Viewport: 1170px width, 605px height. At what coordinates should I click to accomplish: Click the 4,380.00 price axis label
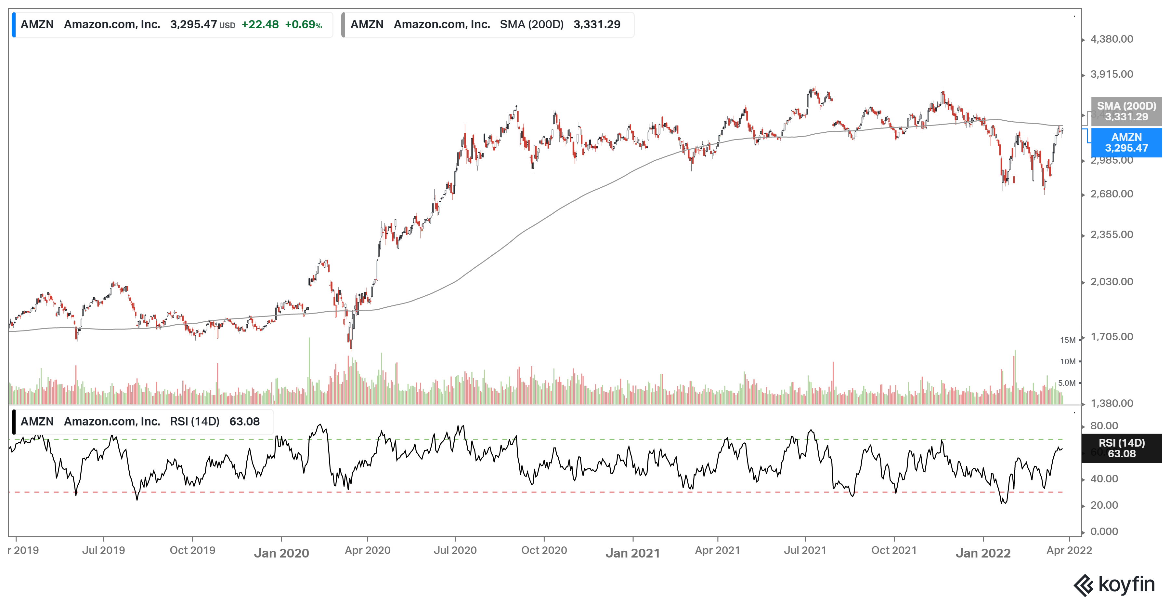pos(1111,39)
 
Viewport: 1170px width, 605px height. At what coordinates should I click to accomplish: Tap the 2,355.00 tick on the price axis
pos(1111,235)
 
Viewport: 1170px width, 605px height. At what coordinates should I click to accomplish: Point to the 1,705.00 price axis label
pos(1111,337)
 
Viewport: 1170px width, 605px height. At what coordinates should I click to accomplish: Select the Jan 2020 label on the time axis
pos(281,553)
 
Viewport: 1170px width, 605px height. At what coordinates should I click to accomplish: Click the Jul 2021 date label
pos(805,550)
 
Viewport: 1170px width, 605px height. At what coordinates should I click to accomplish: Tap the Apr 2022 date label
pos(1069,550)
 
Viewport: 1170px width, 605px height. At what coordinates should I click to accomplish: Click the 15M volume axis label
pos(1067,340)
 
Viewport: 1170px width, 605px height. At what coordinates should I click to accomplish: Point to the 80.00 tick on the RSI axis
pos(1104,426)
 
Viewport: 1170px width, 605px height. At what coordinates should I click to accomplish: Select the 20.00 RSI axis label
pos(1104,505)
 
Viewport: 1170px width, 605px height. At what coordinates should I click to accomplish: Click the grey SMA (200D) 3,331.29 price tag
pos(1126,111)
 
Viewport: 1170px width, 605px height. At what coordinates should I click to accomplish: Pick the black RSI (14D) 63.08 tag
pos(1121,448)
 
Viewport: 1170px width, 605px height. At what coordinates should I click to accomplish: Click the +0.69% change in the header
pos(303,24)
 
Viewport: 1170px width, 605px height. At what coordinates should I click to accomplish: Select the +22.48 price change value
pos(260,24)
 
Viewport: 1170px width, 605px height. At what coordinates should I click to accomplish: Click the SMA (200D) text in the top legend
pos(531,24)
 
